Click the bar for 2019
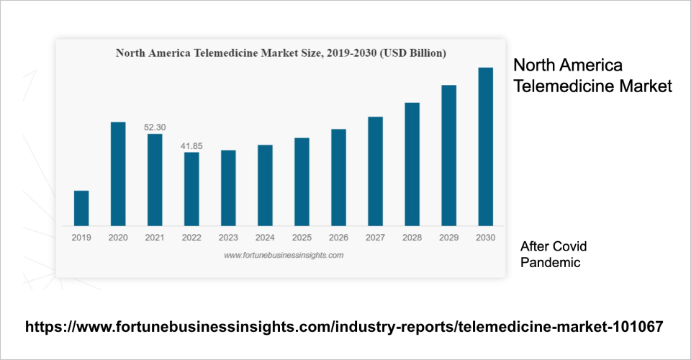pyautogui.click(x=81, y=208)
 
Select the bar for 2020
pyautogui.click(x=118, y=174)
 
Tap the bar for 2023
pyautogui.click(x=228, y=188)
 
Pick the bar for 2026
pyautogui.click(x=338, y=177)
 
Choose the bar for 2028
pyautogui.click(x=412, y=164)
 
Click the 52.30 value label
pyautogui.click(x=155, y=127)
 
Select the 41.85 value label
pyautogui.click(x=191, y=146)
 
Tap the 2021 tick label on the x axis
pyautogui.click(x=155, y=237)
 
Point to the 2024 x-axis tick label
pyautogui.click(x=265, y=237)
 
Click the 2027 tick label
pyautogui.click(x=375, y=237)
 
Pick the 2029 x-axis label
pyautogui.click(x=449, y=237)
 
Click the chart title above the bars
pyautogui.click(x=281, y=53)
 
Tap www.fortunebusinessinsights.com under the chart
pyautogui.click(x=284, y=255)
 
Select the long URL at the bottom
pyautogui.click(x=344, y=327)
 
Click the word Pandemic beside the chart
pyautogui.click(x=551, y=263)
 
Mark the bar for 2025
pyautogui.click(x=302, y=181)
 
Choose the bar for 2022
pyautogui.click(x=191, y=189)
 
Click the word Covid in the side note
pyautogui.click(x=572, y=247)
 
